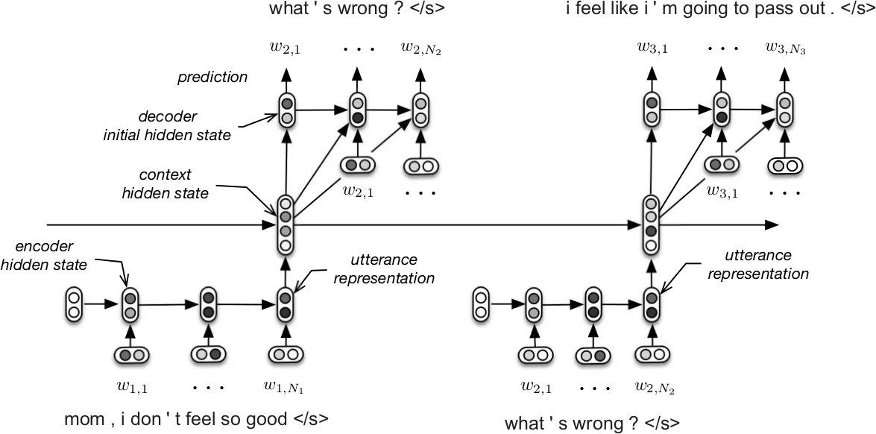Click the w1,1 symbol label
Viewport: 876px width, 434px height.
132,386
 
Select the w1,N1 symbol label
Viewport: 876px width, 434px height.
285,386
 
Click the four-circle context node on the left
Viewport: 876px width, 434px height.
285,221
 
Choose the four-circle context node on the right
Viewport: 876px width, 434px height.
651,221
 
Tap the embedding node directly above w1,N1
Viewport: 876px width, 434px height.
285,356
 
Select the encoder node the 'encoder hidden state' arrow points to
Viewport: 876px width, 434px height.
130,304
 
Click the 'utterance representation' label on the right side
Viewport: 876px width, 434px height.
757,266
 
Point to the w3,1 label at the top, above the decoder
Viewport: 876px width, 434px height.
652,48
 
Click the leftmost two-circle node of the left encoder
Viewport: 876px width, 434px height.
73,304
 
